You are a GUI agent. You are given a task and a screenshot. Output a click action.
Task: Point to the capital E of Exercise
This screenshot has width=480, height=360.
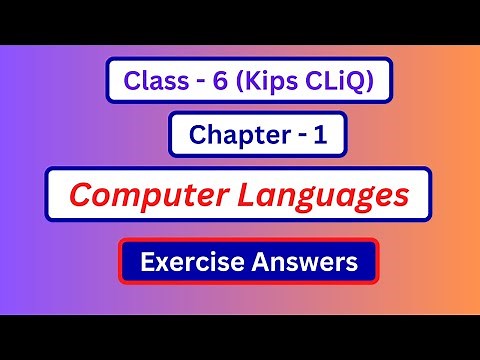tap(149, 263)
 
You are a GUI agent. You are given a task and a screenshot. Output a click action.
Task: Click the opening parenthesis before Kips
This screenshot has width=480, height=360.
tap(233, 80)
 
